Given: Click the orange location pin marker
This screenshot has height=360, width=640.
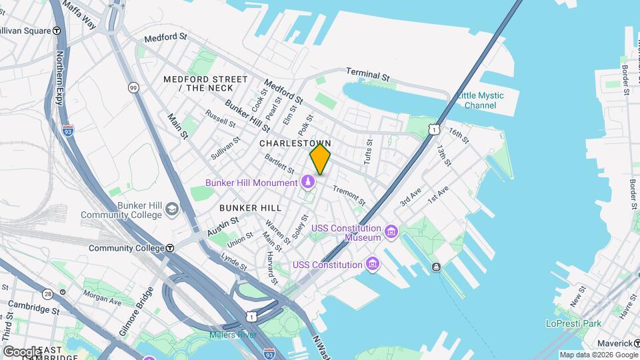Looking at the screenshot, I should click(x=320, y=159).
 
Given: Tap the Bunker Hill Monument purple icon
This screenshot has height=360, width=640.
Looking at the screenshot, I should click(x=308, y=181).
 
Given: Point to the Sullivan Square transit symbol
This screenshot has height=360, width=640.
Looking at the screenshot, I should click(x=57, y=31).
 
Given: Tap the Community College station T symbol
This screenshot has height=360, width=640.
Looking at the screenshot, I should click(x=170, y=248).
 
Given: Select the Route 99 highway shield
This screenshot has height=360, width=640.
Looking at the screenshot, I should click(x=134, y=88).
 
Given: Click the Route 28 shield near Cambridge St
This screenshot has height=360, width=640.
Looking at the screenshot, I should click(x=47, y=294).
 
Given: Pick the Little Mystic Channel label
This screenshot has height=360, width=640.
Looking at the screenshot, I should click(x=480, y=101).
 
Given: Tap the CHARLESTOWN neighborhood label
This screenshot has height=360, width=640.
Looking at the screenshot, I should click(x=295, y=143).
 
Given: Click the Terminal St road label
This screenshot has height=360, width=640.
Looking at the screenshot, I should click(x=367, y=75).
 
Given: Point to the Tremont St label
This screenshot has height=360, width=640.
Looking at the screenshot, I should click(x=349, y=195).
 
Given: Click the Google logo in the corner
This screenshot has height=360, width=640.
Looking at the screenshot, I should click(x=21, y=351).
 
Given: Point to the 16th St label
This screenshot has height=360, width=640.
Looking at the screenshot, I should click(x=459, y=135).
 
